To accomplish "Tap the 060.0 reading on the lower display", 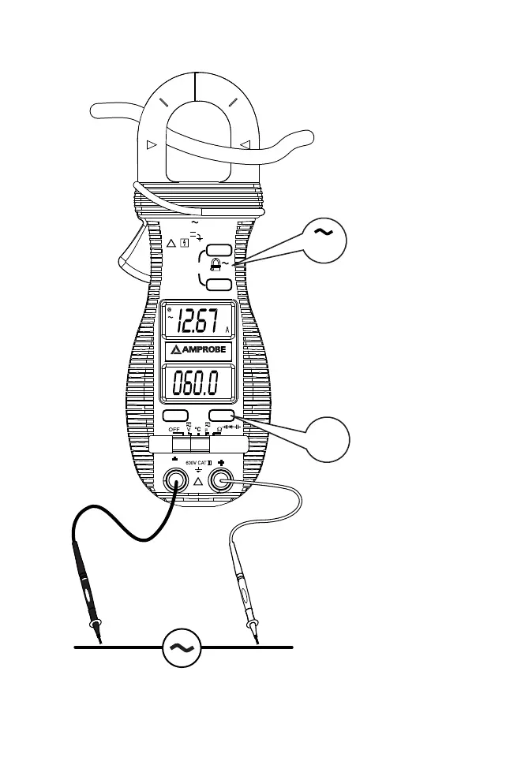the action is tap(197, 386).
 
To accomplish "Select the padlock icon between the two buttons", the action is tap(213, 266).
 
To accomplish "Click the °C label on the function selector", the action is tap(198, 428).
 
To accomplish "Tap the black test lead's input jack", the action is tap(174, 479).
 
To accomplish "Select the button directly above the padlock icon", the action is tap(219, 250).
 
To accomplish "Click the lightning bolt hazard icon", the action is tap(184, 242).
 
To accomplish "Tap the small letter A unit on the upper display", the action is tap(227, 330).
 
